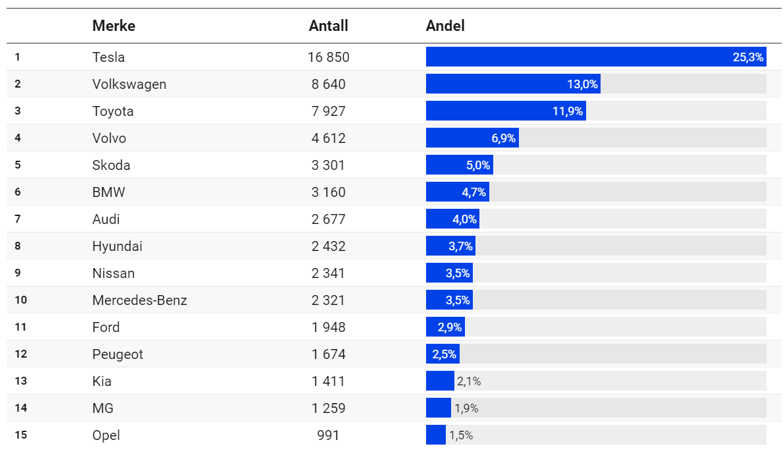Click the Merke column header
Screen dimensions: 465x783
coord(113,26)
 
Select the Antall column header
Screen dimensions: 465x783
coord(328,26)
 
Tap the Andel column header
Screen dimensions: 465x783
coord(445,26)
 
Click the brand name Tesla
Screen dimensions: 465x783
coord(109,57)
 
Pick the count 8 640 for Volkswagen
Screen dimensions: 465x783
coord(328,84)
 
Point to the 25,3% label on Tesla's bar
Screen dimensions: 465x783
coord(748,57)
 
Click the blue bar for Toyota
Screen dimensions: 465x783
coord(487,111)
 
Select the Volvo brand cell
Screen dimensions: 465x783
coord(109,138)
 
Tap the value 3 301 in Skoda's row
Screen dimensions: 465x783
coord(328,165)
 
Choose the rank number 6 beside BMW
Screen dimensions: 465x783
coord(18,192)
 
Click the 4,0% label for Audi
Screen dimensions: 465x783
coord(465,219)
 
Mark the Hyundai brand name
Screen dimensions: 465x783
coord(117,246)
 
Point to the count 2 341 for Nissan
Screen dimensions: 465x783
coord(328,273)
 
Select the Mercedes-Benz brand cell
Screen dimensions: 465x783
coord(140,300)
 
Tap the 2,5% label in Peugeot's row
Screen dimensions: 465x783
coord(445,354)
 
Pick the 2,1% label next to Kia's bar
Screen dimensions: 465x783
coord(469,381)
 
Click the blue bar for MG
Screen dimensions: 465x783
coord(438,408)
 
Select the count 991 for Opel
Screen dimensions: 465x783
coord(328,435)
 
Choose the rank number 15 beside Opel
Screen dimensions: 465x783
coord(20,435)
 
